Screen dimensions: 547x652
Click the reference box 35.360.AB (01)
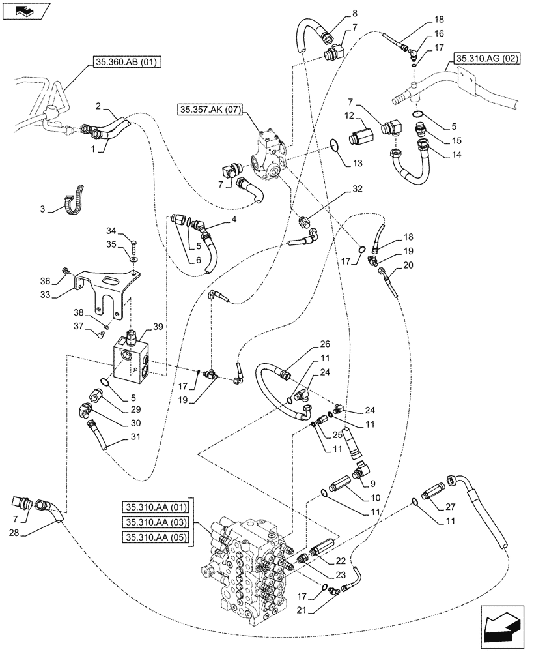(124, 63)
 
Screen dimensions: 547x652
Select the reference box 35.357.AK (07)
(208, 109)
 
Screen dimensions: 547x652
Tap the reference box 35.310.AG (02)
(485, 58)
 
